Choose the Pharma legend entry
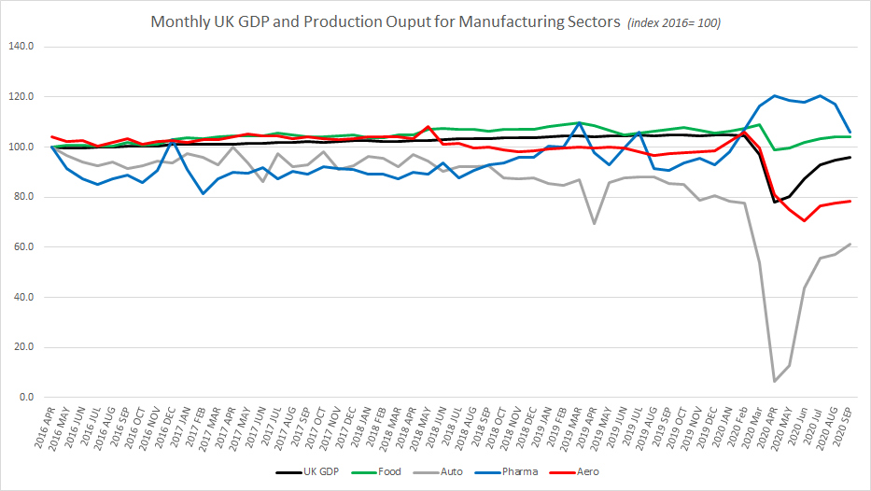pos(521,471)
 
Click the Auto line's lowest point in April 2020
pos(774,381)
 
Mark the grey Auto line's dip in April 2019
pos(594,223)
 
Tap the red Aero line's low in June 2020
pos(804,220)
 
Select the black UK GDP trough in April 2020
pos(774,202)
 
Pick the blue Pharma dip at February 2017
pos(203,193)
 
